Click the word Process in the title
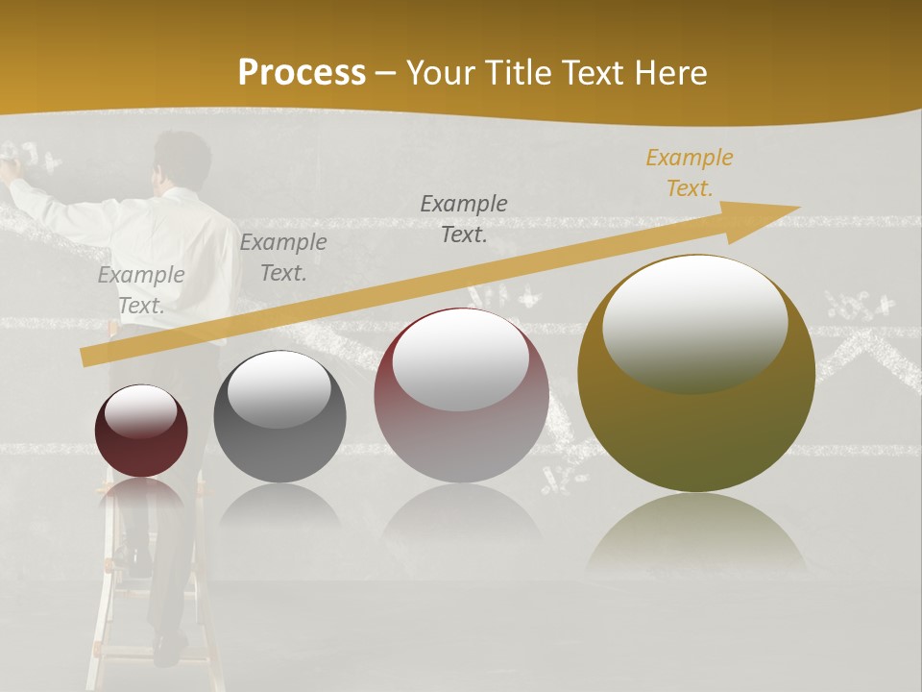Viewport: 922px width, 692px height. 302,73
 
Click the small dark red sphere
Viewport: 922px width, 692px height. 141,432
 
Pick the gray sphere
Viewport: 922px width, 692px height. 279,417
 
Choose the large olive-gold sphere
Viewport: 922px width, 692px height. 696,373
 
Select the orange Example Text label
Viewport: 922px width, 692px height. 690,173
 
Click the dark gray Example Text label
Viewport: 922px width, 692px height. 464,218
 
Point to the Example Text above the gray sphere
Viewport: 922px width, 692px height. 283,257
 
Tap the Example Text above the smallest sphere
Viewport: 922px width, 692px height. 141,289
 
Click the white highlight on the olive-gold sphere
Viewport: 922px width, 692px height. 694,322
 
